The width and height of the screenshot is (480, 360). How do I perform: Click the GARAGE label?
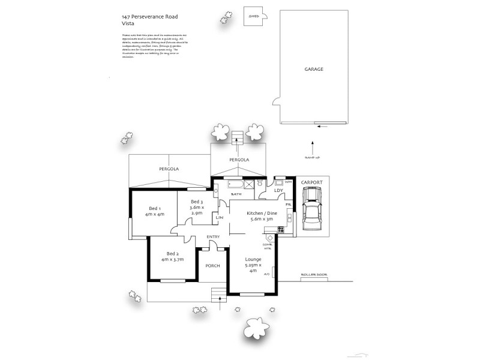coord(313,69)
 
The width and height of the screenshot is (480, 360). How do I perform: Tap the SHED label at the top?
coord(253,17)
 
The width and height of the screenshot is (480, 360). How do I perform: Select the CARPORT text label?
coord(311,182)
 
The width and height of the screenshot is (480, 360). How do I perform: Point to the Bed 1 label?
coord(155,210)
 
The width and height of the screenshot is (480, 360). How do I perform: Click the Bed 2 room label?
coord(172,256)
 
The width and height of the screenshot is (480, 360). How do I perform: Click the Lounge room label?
coord(253,265)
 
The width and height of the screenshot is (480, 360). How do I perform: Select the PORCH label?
coord(212,265)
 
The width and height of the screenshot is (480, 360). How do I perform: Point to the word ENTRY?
coord(213,236)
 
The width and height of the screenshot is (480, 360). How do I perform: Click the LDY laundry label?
coord(278,191)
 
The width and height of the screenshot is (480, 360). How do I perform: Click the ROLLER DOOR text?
coord(312,277)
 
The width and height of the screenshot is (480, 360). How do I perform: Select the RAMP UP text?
coord(312,157)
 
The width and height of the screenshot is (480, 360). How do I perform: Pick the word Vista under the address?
coord(127,24)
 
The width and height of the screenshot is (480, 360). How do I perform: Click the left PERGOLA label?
coord(169,170)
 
